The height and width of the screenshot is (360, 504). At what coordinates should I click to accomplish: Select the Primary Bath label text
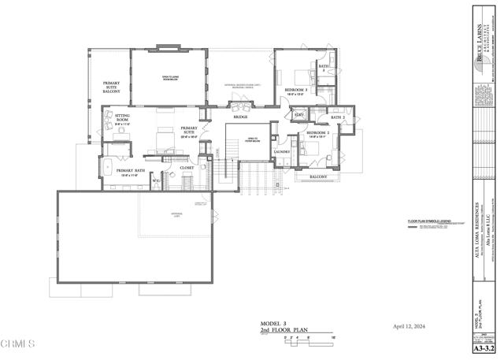131,171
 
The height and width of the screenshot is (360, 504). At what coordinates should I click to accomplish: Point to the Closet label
187,168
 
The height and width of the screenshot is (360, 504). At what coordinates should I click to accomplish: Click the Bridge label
240,117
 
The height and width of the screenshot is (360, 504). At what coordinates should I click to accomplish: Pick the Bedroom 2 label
317,133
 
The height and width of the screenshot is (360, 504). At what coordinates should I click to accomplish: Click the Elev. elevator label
299,115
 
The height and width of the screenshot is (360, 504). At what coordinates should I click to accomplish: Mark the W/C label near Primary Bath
156,181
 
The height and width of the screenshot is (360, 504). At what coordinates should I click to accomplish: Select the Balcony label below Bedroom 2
318,177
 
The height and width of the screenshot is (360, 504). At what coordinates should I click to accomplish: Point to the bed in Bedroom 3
300,77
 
